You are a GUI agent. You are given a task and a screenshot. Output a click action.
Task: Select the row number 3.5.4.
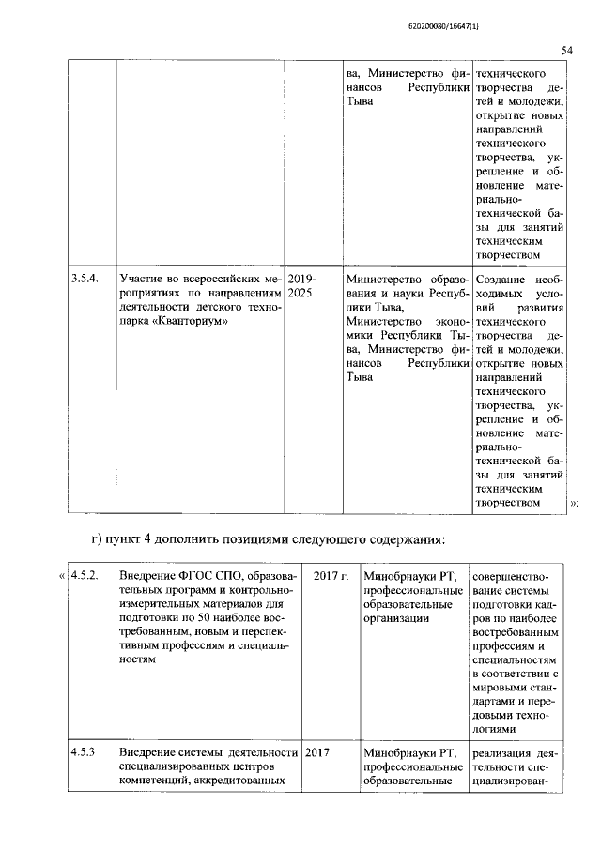(85, 279)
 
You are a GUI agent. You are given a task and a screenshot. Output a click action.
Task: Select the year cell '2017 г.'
(331, 574)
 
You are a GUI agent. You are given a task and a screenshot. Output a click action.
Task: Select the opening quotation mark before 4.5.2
(63, 574)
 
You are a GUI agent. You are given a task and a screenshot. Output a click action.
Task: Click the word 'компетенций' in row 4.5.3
(154, 782)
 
